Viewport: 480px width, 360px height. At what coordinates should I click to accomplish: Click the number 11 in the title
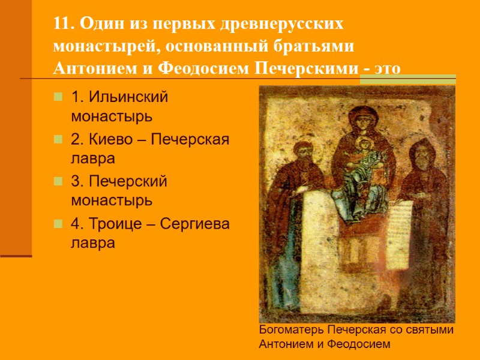pos(62,25)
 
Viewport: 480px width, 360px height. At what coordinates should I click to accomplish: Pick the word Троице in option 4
pos(112,225)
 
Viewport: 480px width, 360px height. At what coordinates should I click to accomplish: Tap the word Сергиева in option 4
pos(196,225)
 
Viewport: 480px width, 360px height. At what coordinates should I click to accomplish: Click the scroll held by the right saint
pos(400,234)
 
